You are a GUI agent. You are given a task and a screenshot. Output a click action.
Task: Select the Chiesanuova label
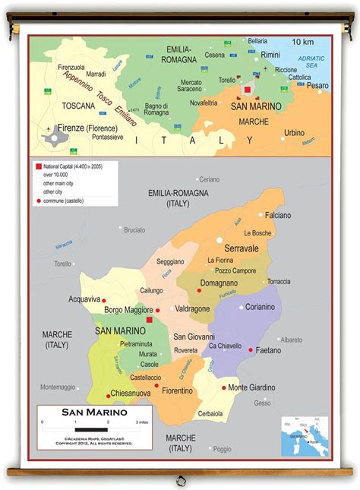click(x=131, y=393)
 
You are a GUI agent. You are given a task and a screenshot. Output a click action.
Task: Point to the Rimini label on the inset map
click(x=270, y=55)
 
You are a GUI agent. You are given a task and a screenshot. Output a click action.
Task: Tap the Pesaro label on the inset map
click(x=318, y=86)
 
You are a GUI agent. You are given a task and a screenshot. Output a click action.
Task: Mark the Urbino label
click(x=294, y=132)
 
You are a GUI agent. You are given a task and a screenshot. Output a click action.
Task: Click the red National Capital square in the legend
click(x=37, y=165)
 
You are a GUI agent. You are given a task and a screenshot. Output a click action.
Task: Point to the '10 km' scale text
click(x=302, y=41)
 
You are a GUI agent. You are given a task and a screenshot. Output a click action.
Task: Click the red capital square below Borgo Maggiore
click(x=150, y=321)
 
